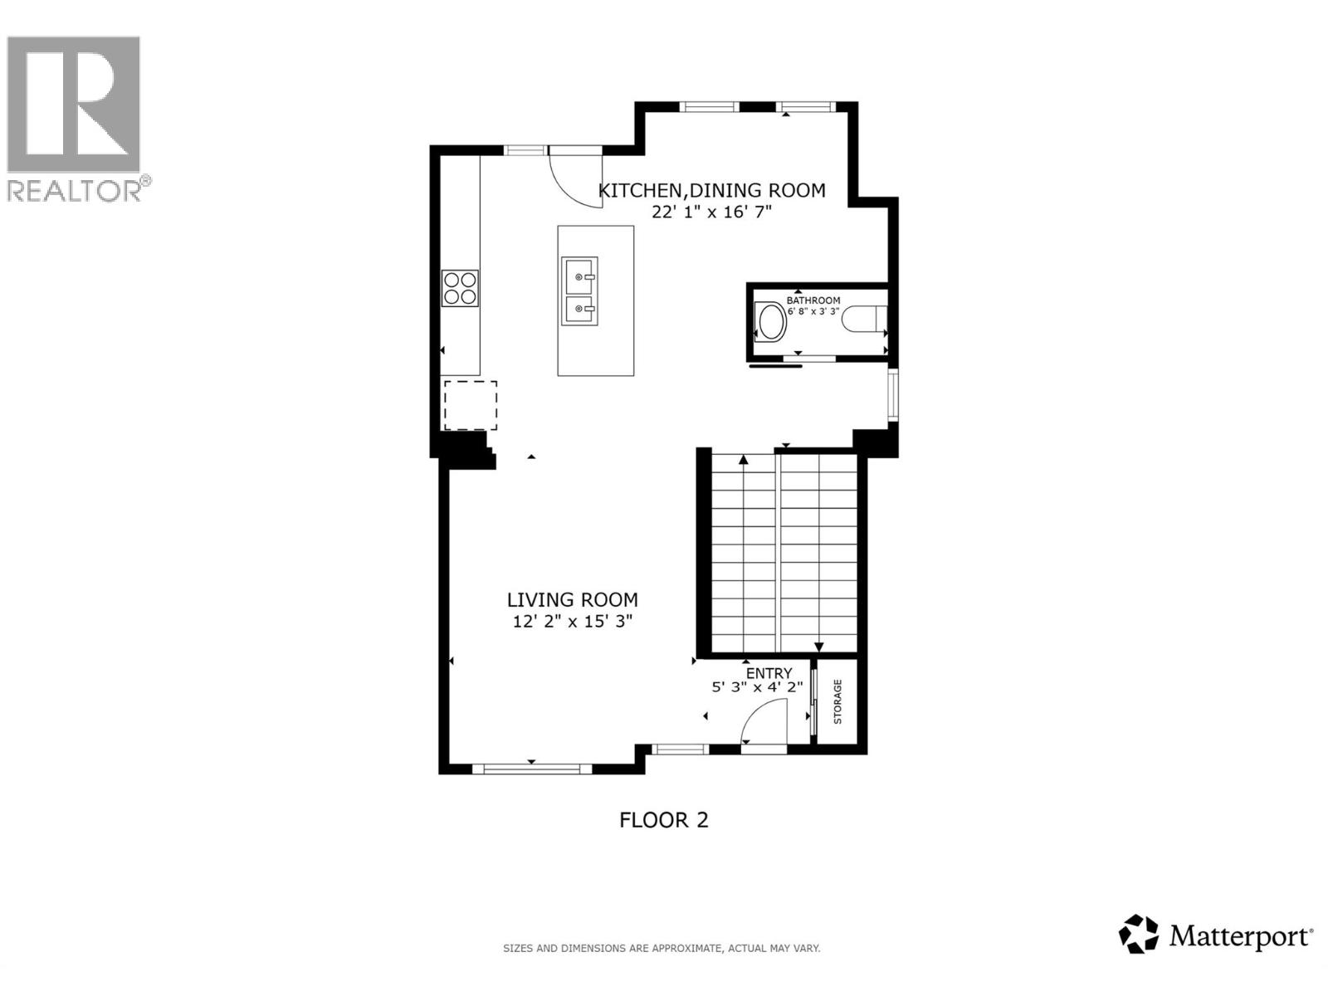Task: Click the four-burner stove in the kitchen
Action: [460, 288]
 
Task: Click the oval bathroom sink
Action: [772, 322]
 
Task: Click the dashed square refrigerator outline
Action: [470, 405]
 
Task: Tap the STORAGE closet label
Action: [837, 701]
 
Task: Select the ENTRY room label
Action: [769, 673]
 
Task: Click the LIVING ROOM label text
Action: [573, 599]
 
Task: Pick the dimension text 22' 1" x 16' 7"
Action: [711, 212]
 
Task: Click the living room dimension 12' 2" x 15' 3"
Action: [573, 622]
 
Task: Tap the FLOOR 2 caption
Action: [664, 820]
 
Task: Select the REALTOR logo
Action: [75, 116]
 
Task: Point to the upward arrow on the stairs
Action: [744, 459]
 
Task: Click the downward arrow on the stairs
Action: [818, 647]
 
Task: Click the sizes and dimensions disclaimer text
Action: [662, 948]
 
